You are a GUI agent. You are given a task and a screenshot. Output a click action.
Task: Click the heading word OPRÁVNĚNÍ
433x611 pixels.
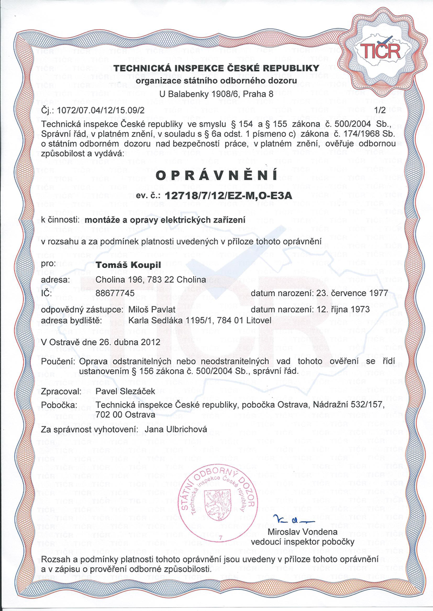(216, 176)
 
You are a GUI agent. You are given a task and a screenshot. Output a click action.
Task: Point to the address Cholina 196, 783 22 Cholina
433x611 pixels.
(150, 280)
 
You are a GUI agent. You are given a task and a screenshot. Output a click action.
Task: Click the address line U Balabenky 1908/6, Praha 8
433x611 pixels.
(216, 93)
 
